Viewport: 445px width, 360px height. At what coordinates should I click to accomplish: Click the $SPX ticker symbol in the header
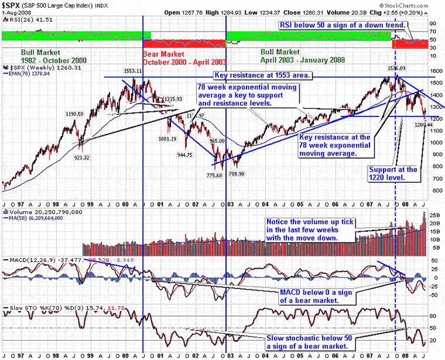click(12, 5)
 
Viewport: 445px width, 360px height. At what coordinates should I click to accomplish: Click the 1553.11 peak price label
click(134, 70)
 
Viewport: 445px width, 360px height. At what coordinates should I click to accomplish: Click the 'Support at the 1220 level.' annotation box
click(393, 173)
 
